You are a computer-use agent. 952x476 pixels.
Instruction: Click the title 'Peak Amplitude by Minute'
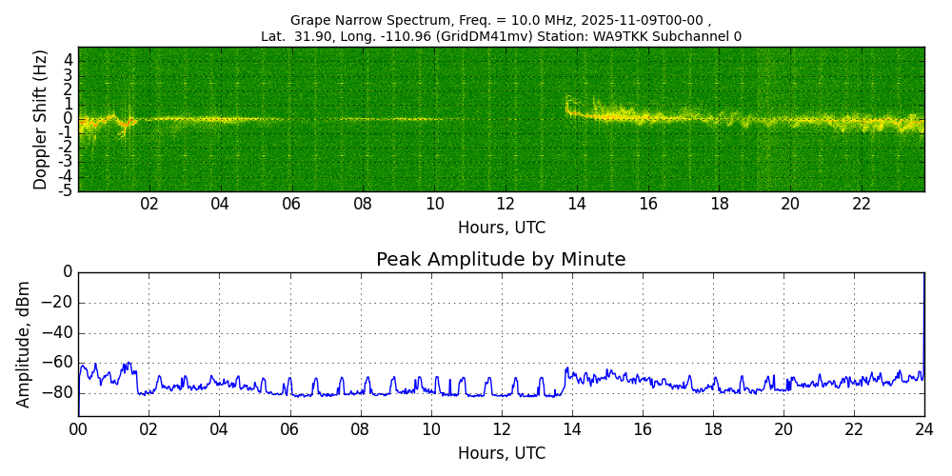point(501,260)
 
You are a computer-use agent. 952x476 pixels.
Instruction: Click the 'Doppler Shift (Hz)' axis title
point(41,120)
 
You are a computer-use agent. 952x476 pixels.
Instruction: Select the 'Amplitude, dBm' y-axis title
point(24,344)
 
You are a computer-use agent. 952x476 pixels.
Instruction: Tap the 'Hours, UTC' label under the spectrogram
point(502,228)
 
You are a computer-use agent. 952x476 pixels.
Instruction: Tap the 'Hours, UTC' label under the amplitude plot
point(502,453)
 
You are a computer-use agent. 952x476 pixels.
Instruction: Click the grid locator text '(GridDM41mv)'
point(489,37)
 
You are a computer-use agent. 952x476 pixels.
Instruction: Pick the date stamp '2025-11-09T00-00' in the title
point(646,20)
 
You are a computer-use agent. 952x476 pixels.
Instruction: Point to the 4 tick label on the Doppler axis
point(69,59)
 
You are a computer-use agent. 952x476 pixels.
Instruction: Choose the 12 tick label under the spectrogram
point(506,204)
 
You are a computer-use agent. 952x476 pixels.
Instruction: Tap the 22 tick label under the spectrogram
point(862,204)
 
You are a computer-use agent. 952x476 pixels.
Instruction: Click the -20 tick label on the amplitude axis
point(59,303)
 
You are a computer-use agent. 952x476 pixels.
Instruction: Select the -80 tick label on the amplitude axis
point(59,392)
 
